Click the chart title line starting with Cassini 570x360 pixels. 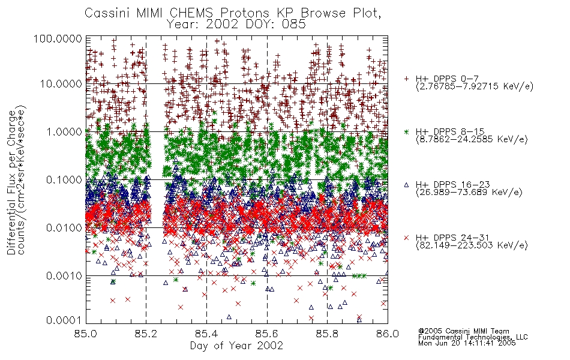pyautogui.click(x=233, y=13)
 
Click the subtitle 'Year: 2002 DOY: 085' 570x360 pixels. pyautogui.click(x=236, y=24)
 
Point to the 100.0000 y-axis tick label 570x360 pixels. pyautogui.click(x=58, y=38)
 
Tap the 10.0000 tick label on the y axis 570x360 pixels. pyautogui.click(x=61, y=84)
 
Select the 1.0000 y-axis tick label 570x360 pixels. pyautogui.click(x=64, y=131)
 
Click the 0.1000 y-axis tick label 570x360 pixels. pyautogui.click(x=64, y=179)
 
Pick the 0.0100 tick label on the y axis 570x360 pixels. pyautogui.click(x=64, y=228)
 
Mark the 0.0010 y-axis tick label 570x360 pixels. pyautogui.click(x=64, y=276)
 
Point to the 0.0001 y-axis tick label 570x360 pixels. pyautogui.click(x=64, y=320)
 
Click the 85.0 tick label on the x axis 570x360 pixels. pyautogui.click(x=86, y=334)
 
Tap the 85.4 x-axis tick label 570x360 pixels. pyautogui.click(x=206, y=334)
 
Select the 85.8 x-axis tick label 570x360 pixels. pyautogui.click(x=327, y=334)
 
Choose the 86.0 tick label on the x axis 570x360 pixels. pyautogui.click(x=388, y=334)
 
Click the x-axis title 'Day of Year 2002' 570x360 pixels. pyautogui.click(x=236, y=345)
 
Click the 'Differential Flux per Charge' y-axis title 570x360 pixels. pyautogui.click(x=11, y=182)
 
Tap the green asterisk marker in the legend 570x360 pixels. pyautogui.click(x=406, y=132)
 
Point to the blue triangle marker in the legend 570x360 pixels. pyautogui.click(x=406, y=185)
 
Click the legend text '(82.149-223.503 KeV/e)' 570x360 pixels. pyautogui.click(x=472, y=245)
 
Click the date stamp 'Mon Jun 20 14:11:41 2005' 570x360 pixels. pyautogui.click(x=467, y=343)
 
